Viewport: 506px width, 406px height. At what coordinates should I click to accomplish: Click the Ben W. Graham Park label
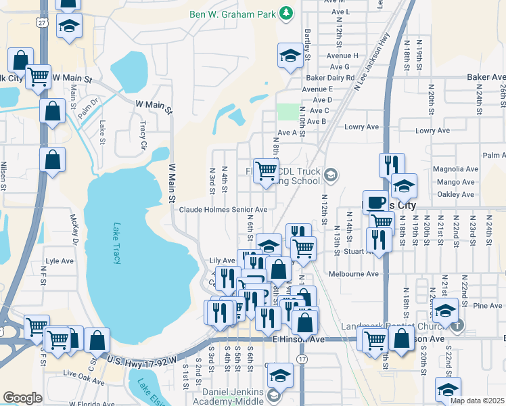click(233, 13)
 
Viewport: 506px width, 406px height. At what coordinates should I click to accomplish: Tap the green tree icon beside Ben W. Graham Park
click(287, 13)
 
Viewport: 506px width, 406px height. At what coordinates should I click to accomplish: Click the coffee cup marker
click(375, 202)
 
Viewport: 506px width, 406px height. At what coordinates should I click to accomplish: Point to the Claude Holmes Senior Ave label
click(223, 210)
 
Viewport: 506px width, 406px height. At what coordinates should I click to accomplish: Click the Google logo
click(22, 398)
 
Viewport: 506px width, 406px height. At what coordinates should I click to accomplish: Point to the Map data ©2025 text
click(476, 401)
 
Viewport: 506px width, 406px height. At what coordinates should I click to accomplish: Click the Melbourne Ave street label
click(353, 274)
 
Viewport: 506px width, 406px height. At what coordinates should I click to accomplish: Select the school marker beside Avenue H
click(290, 56)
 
